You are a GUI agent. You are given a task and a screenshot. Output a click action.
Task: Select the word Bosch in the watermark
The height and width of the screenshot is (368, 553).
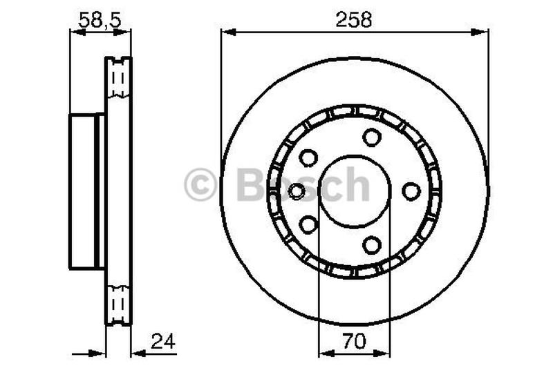point(303,185)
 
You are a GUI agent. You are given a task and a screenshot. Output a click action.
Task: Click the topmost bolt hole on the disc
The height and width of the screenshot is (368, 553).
point(372,137)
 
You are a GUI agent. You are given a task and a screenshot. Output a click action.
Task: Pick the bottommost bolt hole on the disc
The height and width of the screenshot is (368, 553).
point(372,244)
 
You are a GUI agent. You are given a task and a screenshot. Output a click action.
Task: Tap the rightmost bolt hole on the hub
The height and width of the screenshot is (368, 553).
point(411,191)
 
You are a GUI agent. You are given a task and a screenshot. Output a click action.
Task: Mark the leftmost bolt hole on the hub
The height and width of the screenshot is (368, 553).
point(297,191)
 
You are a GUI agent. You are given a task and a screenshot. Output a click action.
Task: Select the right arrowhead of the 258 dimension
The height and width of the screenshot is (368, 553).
point(483,31)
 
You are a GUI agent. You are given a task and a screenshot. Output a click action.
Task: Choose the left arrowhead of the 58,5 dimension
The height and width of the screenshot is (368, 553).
point(75,31)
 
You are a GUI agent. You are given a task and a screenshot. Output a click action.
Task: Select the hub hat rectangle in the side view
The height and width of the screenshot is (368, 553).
point(87,191)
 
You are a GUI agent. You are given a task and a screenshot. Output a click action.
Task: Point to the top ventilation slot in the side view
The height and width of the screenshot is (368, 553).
point(118,79)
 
